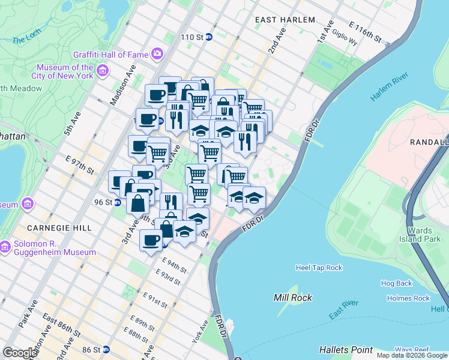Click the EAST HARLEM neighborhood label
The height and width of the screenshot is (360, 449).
pyautogui.click(x=285, y=20)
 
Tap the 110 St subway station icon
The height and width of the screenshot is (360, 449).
pyautogui.click(x=209, y=37)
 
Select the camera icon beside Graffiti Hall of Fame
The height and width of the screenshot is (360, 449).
pyautogui.click(x=157, y=55)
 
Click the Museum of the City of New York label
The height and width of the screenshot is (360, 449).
pyautogui.click(x=65, y=72)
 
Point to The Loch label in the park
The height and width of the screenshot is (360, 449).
pyautogui.click(x=26, y=40)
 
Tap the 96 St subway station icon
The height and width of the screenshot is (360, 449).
pyautogui.click(x=118, y=202)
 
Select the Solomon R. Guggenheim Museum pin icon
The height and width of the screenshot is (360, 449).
pyautogui.click(x=5, y=247)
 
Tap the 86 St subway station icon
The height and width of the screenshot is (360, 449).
pyautogui.click(x=106, y=349)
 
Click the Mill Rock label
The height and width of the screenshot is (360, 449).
pyautogui.click(x=291, y=298)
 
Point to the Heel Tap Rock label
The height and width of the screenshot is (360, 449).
pyautogui.click(x=319, y=268)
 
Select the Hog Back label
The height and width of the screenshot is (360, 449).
pyautogui.click(x=396, y=283)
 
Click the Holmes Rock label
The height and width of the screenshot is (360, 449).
pyautogui.click(x=408, y=298)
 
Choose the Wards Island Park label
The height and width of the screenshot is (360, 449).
pyautogui.click(x=424, y=234)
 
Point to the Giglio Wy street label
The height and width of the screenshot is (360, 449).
pyautogui.click(x=346, y=42)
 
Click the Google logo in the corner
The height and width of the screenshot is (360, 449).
pyautogui.click(x=20, y=352)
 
